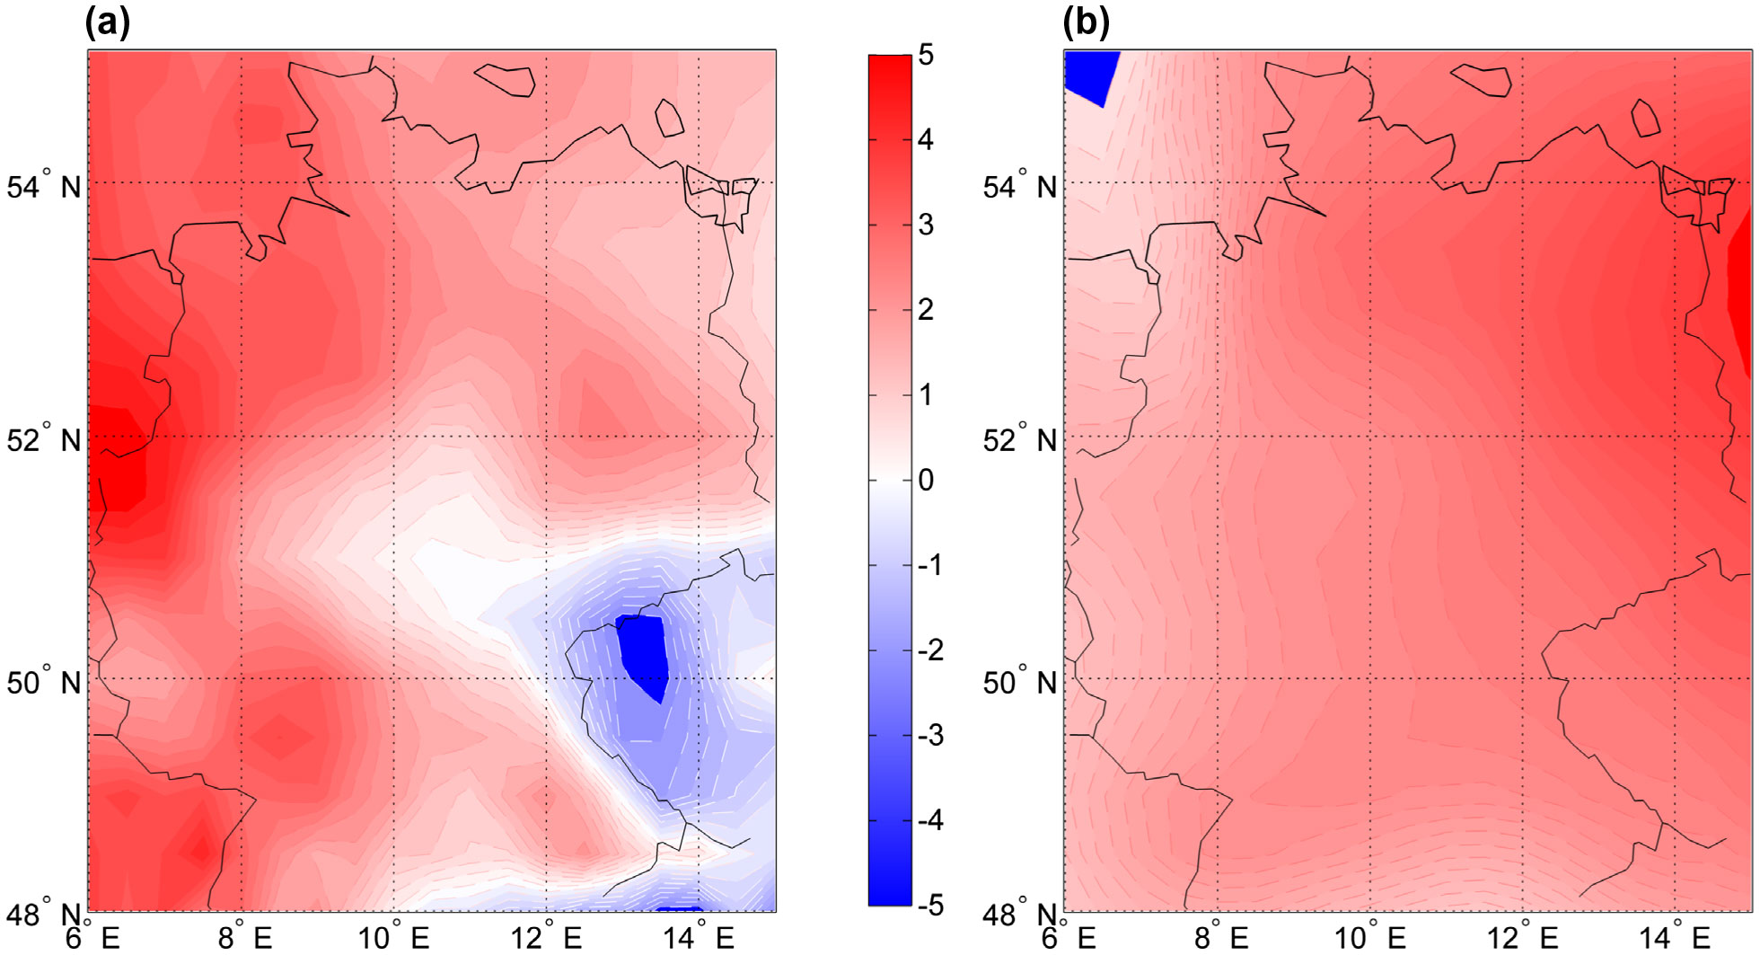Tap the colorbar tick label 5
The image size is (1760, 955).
pos(926,55)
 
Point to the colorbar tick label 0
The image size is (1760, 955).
pos(926,480)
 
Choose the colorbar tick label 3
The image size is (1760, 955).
pos(926,225)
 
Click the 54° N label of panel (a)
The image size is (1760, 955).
pos(44,186)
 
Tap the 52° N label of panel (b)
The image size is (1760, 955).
pos(1020,440)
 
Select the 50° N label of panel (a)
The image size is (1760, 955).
pos(44,683)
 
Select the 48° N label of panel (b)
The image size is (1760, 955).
pos(1020,915)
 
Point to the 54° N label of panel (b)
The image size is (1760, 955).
pos(1020,186)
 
